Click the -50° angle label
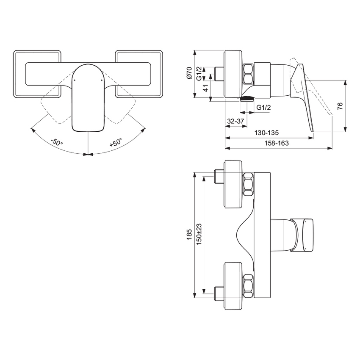click(56, 141)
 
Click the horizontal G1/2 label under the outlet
click(263, 108)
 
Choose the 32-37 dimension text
click(235, 121)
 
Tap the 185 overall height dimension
click(189, 234)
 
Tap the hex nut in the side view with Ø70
click(248, 73)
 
